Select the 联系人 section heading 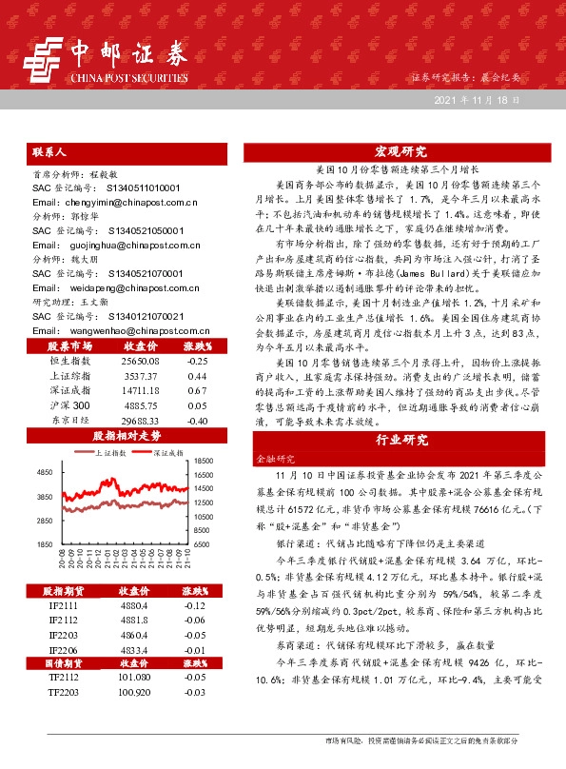[x=49, y=151]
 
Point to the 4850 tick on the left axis [x=45, y=472]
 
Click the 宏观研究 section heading [x=400, y=151]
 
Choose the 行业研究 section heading [x=400, y=441]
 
